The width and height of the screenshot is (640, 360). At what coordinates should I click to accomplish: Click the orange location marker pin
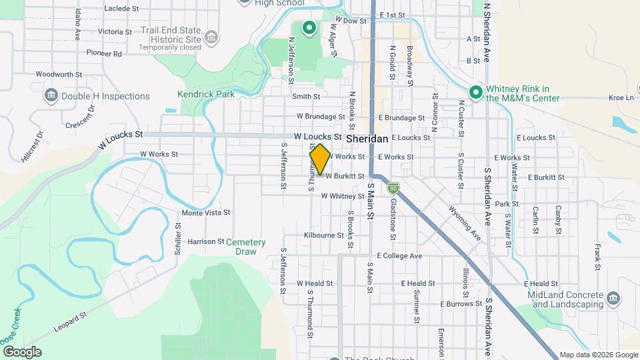coord(320,159)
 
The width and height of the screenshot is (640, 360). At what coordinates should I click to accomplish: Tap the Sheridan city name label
coord(367,138)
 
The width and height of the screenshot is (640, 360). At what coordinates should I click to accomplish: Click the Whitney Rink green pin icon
coord(475,92)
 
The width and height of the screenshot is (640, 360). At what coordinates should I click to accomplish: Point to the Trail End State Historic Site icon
coord(211,37)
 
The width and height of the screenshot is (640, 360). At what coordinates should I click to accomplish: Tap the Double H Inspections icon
coord(51,96)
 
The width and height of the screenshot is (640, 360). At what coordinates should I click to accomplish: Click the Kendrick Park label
coord(207,94)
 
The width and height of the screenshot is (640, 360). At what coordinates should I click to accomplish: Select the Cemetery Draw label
coord(245,247)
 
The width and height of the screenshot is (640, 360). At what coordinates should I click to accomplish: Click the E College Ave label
coord(399,255)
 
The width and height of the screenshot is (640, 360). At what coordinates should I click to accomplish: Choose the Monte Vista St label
coord(206,213)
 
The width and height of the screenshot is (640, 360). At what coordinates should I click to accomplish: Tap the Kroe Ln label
coord(621,97)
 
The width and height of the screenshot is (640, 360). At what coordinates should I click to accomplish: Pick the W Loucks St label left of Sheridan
coord(121,139)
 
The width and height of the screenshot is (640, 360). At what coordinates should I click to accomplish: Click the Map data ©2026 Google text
coord(598,355)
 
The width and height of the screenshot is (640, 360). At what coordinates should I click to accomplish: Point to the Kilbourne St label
coord(323,235)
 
